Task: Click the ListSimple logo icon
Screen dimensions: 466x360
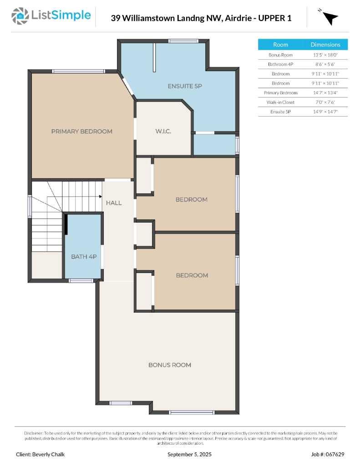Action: [20, 15]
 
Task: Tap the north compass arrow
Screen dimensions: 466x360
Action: [330, 18]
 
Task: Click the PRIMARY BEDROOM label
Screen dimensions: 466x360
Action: [81, 131]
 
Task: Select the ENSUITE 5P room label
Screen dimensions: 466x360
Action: [184, 86]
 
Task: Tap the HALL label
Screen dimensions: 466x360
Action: [114, 203]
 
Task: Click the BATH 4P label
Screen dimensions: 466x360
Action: [84, 257]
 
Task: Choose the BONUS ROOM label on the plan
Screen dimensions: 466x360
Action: [169, 365]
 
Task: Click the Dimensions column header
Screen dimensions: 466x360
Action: [325, 45]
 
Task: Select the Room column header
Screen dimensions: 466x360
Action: [280, 45]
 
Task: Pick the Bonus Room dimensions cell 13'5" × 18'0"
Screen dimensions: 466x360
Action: [325, 55]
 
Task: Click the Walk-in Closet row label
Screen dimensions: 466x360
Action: [280, 102]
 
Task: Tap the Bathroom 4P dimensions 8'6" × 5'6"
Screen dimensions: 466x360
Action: [325, 64]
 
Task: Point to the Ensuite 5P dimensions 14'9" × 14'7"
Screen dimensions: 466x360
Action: [325, 111]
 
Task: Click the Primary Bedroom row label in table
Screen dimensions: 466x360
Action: [280, 92]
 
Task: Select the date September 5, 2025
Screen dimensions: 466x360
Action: [189, 454]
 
